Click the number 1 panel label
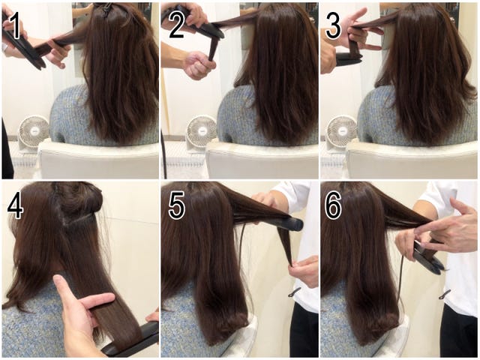[x=15, y=26]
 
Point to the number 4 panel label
[x=15, y=206]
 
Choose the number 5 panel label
[x=177, y=206]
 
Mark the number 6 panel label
[x=333, y=206]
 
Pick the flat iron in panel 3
[x=349, y=60]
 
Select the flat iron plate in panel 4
[x=132, y=340]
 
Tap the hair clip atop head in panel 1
[x=106, y=9]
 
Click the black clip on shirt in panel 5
[x=295, y=293]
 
